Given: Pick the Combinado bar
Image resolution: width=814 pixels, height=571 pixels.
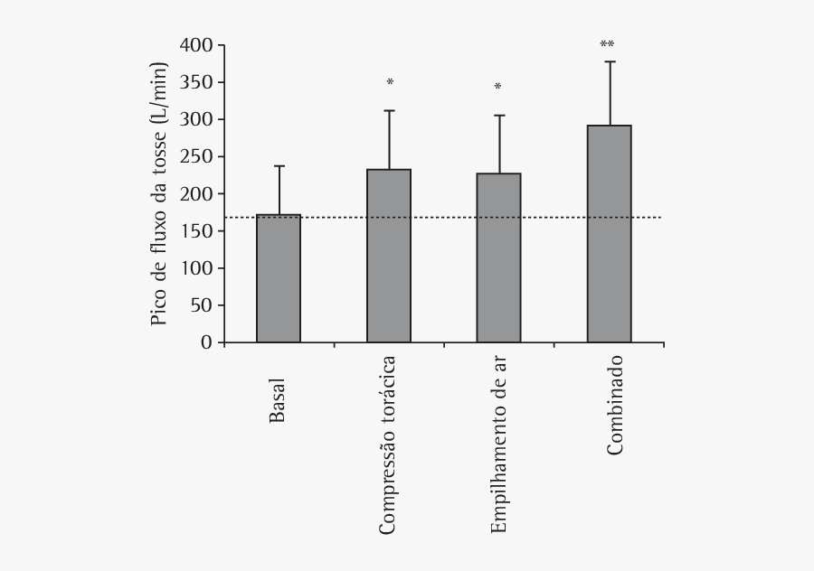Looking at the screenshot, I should coord(609,234).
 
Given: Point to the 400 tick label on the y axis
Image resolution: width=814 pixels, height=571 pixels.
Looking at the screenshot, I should coord(196,45).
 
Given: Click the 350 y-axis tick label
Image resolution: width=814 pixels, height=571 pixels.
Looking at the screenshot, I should coord(196,82).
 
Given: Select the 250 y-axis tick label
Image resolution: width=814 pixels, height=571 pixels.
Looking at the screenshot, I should coord(196,157).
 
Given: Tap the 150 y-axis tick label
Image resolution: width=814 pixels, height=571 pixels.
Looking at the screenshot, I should coord(196,231).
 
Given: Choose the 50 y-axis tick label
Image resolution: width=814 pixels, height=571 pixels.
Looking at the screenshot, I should coord(201,306).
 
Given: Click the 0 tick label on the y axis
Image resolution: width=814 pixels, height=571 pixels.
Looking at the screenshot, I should coord(206,343).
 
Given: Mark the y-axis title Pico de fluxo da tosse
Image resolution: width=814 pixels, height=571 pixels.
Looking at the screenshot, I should coord(159,193).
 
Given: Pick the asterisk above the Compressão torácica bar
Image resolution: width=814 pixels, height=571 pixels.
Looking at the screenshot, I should coord(390,83).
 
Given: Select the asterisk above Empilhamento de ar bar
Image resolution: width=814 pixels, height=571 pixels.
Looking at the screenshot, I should coord(497,88).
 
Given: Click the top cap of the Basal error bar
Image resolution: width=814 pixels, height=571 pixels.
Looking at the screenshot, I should coord(279,166).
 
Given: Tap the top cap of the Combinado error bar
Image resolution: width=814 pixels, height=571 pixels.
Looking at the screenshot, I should coord(609,61).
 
